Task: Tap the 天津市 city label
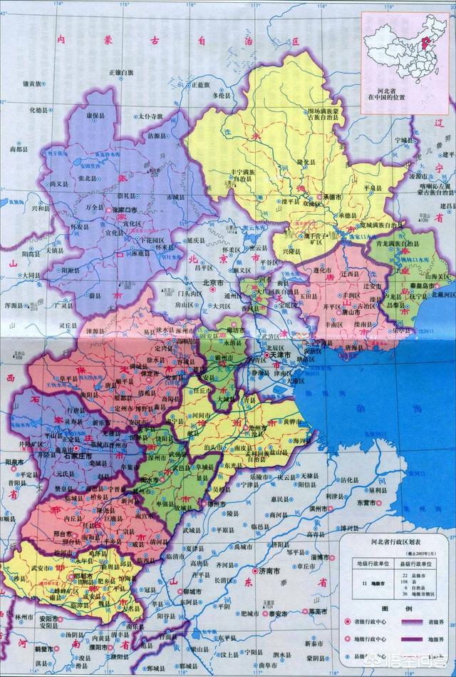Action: pos(279,355)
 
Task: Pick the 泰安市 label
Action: pos(277,614)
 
